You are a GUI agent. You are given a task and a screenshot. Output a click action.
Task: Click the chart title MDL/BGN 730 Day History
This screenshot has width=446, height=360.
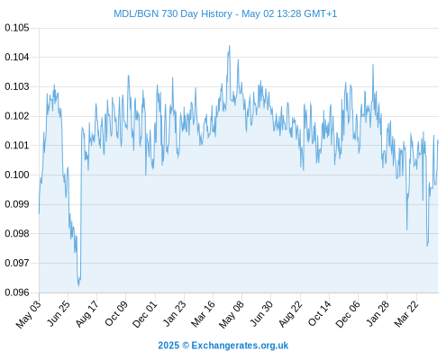pyautogui.click(x=173, y=13)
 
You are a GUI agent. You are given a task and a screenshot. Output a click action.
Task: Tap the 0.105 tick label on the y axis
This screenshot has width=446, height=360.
pyautogui.click(x=17, y=28)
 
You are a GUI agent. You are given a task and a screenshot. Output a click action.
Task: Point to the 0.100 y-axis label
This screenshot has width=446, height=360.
pyautogui.click(x=17, y=175)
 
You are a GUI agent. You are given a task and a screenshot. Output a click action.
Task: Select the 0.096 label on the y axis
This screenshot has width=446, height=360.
pyautogui.click(x=17, y=292)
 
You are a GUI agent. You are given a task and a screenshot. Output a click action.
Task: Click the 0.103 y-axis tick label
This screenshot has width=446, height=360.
pyautogui.click(x=17, y=86)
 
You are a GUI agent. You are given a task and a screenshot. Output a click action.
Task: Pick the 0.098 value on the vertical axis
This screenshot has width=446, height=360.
pyautogui.click(x=17, y=233)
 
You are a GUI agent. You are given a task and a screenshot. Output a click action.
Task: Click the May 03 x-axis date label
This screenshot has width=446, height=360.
pyautogui.click(x=28, y=314)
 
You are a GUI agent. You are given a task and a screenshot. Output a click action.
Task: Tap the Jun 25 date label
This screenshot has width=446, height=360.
pyautogui.click(x=58, y=313)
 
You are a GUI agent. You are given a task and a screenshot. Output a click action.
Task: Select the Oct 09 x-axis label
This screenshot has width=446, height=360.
pyautogui.click(x=115, y=313)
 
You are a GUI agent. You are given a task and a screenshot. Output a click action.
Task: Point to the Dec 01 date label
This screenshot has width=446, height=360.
pyautogui.click(x=144, y=314)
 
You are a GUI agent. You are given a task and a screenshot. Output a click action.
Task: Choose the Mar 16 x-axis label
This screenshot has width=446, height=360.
pyautogui.click(x=203, y=314)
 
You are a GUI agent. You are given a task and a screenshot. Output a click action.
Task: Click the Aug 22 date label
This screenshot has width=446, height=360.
pyautogui.click(x=290, y=314)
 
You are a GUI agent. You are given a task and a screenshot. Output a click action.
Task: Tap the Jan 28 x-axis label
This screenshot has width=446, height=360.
pyautogui.click(x=378, y=314)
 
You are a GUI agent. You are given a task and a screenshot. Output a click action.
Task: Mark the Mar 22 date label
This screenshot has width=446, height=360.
pyautogui.click(x=406, y=314)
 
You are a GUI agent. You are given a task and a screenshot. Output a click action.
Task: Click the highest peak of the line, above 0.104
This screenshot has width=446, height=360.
pyautogui.click(x=230, y=46)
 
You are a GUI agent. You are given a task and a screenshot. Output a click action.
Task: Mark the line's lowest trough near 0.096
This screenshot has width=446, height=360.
pyautogui.click(x=78, y=286)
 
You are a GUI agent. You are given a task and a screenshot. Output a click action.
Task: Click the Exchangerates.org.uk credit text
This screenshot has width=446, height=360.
pyautogui.click(x=240, y=346)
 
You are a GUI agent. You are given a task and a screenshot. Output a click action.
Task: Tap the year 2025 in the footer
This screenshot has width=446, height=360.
pyautogui.click(x=168, y=346)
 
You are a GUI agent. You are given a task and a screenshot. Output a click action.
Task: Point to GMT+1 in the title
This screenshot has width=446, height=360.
pyautogui.click(x=320, y=13)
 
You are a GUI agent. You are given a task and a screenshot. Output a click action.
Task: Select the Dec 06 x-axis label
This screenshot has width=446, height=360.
pyautogui.click(x=348, y=314)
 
